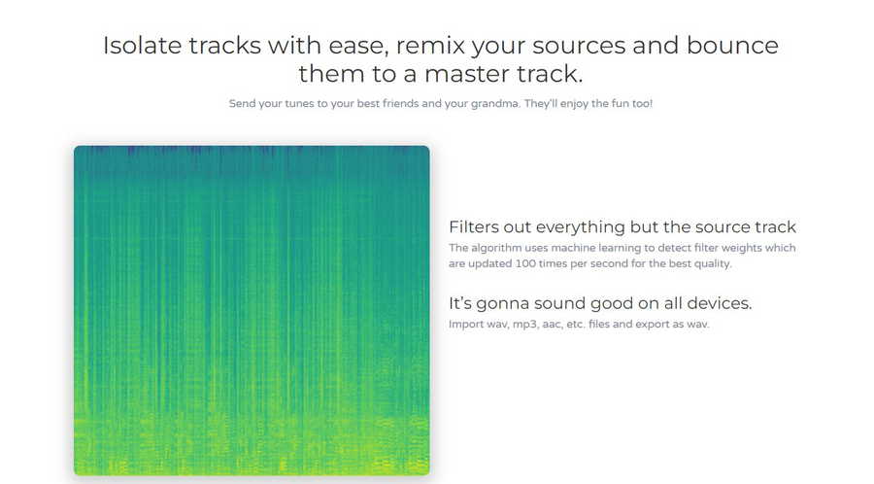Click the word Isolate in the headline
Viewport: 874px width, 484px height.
[142, 45]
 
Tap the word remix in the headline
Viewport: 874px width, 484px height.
[430, 45]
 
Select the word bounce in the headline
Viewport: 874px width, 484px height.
[732, 45]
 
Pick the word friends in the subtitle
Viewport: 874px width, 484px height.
[400, 103]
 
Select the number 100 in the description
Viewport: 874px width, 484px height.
[526, 263]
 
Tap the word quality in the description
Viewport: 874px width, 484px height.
[713, 263]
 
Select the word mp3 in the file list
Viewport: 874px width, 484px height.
[524, 325]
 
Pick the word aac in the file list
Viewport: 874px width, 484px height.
[552, 325]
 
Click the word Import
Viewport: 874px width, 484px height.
[462, 324]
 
